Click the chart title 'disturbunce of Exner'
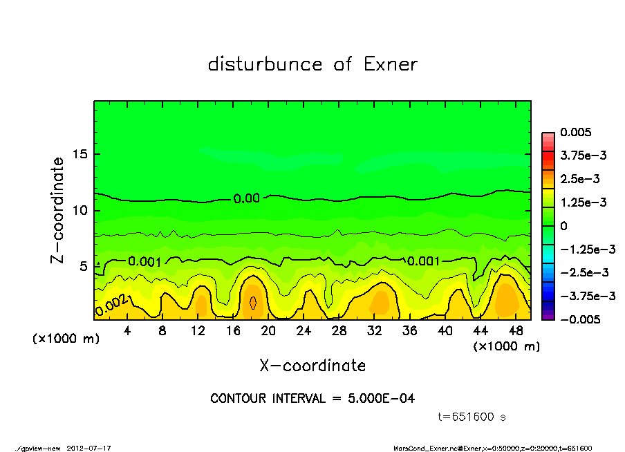[x=312, y=64]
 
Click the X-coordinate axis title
[x=312, y=365]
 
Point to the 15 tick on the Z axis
[x=82, y=153]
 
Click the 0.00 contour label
[x=246, y=198]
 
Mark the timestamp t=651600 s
[x=474, y=417]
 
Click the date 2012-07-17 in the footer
[x=88, y=448]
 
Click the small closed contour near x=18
[x=253, y=302]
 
